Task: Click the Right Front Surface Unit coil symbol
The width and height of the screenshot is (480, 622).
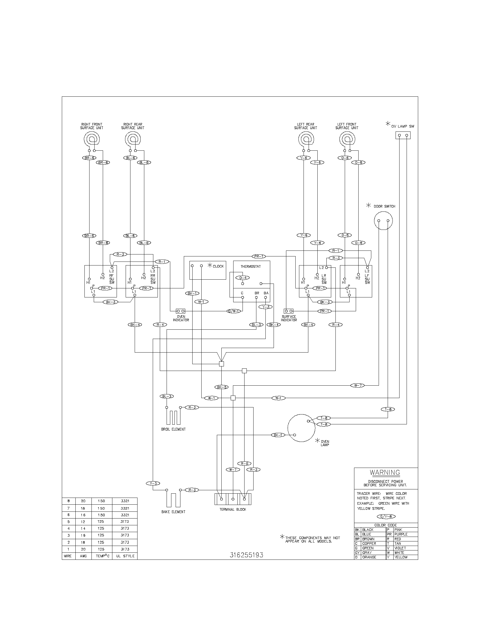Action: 91,139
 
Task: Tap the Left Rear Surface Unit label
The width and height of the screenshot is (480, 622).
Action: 306,126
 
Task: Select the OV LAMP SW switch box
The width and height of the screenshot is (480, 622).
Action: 403,135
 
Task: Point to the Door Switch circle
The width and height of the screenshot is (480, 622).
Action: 383,221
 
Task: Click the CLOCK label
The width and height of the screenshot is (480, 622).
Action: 218,266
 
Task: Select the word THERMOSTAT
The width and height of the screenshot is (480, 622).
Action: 250,267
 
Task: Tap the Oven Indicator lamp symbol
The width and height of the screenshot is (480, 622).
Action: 181,311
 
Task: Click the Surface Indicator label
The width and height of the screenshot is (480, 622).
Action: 289,318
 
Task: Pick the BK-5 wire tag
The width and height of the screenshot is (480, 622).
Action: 222,387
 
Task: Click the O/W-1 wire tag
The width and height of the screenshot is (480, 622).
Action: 234,311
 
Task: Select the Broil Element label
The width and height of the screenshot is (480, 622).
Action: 173,429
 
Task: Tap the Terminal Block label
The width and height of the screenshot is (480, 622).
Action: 233,509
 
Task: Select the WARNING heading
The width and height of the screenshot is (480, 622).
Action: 385,472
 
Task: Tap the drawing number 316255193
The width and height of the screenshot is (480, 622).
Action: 246,555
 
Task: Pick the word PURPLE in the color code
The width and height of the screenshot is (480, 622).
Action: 401,534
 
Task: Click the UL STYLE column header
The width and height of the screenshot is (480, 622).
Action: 125,556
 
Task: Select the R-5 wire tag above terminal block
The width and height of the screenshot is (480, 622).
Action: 244,464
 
